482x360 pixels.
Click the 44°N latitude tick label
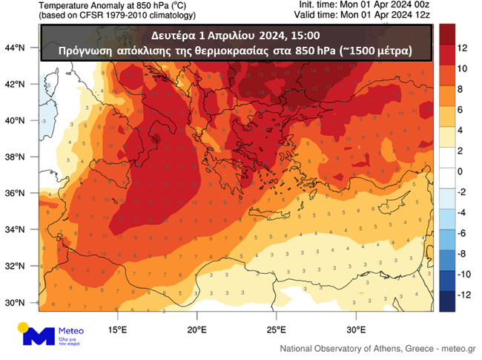click(15, 48)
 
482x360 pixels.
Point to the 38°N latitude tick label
click(15, 157)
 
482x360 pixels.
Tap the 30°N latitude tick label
click(15, 303)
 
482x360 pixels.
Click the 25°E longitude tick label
click(276, 330)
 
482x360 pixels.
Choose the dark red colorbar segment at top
click(448, 33)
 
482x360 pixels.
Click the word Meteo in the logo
click(71, 331)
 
